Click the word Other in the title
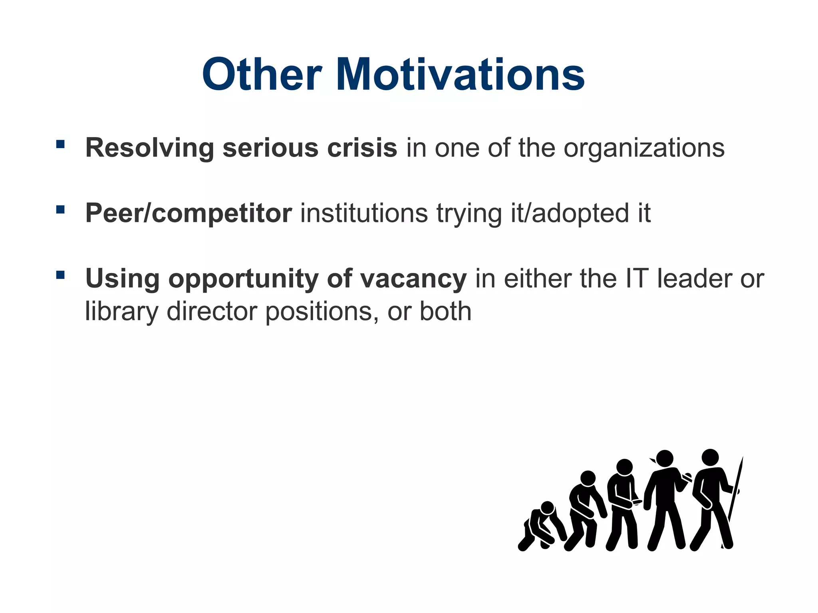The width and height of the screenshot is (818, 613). (262, 75)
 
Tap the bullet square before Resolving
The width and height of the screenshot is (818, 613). (60, 144)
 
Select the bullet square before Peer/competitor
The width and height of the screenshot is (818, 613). (60, 210)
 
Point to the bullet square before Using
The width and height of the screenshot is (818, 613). (60, 275)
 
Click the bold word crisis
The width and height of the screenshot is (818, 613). (362, 148)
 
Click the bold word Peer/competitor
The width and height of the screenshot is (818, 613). (189, 214)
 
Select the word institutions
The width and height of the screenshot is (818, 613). (364, 213)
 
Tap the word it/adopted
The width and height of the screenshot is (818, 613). (566, 214)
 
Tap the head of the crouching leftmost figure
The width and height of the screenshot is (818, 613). (547, 508)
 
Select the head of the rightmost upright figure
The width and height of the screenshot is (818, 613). (710, 457)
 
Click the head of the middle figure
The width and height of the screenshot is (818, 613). (624, 467)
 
